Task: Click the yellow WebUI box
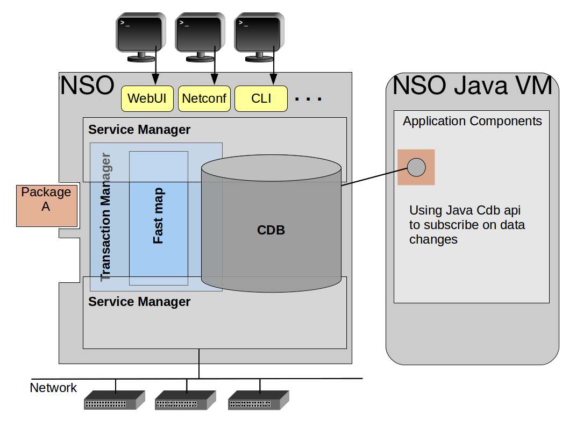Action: tap(147, 99)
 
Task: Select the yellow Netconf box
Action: tap(204, 99)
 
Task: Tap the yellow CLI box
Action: tap(261, 99)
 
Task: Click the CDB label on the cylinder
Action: tap(271, 230)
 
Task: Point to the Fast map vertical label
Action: tap(158, 216)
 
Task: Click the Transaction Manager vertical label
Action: tap(106, 217)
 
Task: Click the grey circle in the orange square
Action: tap(416, 167)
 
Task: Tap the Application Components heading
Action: tap(472, 121)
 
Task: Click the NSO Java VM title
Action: tap(472, 86)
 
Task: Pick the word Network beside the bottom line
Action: tap(53, 388)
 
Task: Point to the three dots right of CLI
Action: tap(309, 99)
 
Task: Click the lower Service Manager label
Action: tap(139, 302)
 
